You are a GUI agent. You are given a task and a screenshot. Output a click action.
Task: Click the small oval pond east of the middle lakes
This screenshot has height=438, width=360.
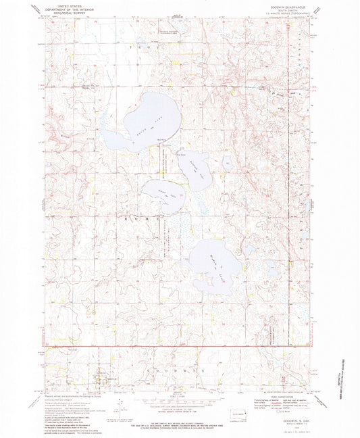coord(228,163)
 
